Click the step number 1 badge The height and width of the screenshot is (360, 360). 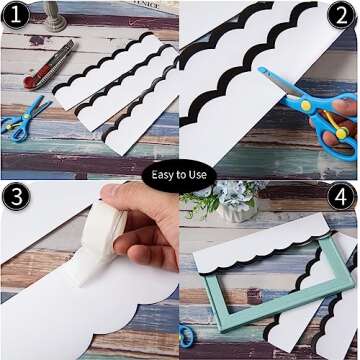pos(17,17)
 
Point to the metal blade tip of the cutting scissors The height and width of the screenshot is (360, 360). pos(264,73)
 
